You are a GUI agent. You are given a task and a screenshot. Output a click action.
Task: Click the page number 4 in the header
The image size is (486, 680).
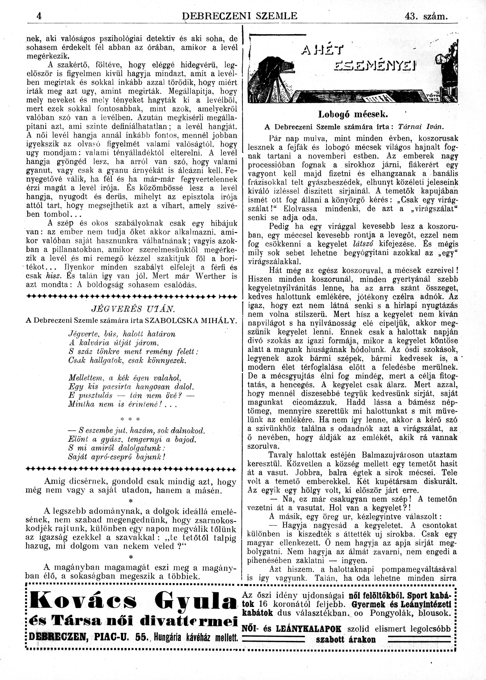coord(39,16)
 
